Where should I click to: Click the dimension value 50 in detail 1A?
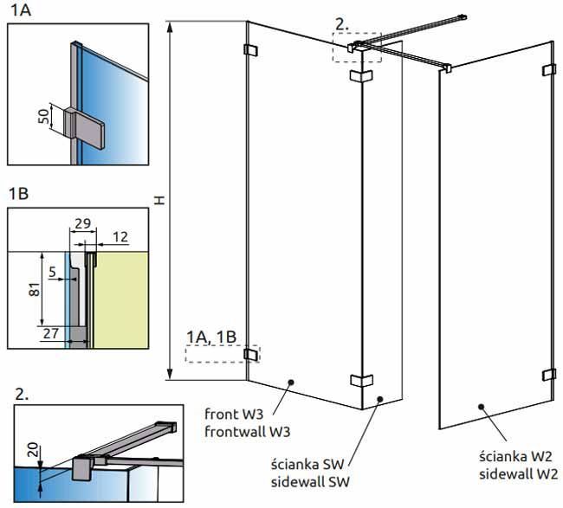(44, 117)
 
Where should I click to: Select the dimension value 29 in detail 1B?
(82, 223)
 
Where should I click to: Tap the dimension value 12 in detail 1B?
(120, 237)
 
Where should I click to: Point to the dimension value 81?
(35, 289)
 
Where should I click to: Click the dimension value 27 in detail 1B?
(50, 333)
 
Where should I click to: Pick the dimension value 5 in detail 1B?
(53, 272)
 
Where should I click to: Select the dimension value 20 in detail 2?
(33, 449)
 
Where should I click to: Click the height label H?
(159, 200)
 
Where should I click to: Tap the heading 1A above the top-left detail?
(21, 10)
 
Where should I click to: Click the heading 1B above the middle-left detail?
(19, 194)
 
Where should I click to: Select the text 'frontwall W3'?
(248, 431)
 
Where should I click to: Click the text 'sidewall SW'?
(310, 482)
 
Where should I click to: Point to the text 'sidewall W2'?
(519, 474)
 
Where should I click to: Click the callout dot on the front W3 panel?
(291, 382)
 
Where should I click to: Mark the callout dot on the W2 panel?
(482, 407)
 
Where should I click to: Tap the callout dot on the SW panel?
(379, 399)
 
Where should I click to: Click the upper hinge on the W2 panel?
(549, 70)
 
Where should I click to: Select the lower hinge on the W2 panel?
(549, 375)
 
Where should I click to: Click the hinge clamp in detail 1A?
(84, 128)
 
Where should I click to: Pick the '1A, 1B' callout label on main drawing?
(211, 337)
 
